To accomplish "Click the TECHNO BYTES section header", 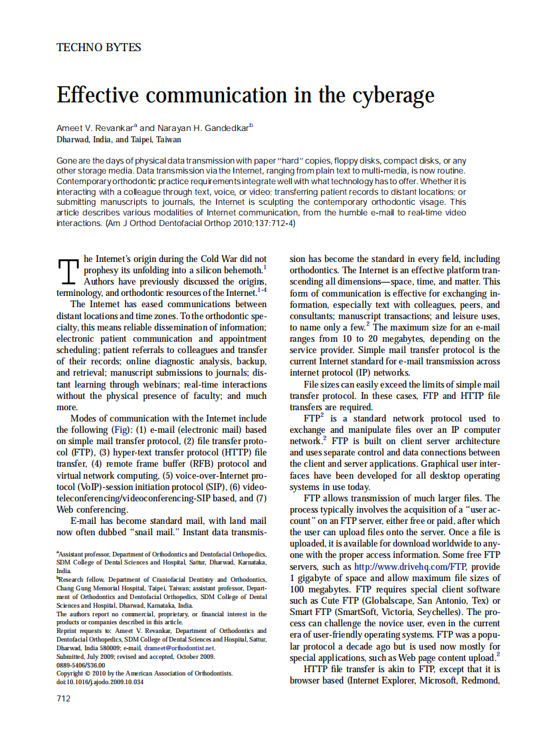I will (x=99, y=47).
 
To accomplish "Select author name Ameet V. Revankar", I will (x=96, y=128).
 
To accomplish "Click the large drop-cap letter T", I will (x=68, y=271).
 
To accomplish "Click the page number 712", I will (x=64, y=697).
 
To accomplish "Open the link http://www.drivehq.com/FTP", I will (x=411, y=566).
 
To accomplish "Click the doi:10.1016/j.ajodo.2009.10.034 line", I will (x=100, y=682).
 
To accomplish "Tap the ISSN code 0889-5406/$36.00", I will (x=81, y=664).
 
